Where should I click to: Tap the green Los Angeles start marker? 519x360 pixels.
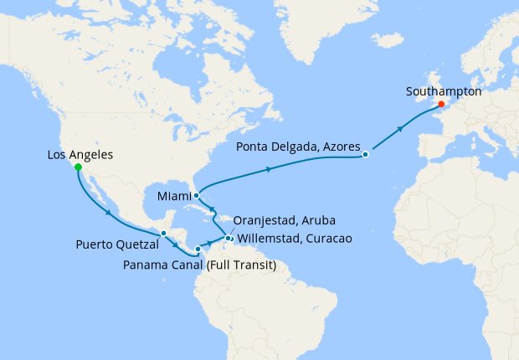pos(78,167)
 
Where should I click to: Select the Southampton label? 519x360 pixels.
pos(443,92)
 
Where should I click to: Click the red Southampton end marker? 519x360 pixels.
pos(440,105)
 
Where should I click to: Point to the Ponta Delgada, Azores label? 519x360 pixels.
pos(297,147)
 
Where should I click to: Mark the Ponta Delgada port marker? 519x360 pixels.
pos(366,155)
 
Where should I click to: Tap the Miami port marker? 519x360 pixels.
pos(196,195)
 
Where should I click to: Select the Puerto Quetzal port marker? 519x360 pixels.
pos(164,233)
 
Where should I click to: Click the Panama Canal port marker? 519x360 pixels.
pos(198,249)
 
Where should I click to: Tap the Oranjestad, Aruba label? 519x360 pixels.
pos(285,221)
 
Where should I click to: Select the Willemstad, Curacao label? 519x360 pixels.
pos(294,238)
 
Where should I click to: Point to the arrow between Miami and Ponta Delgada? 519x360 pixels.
pos(269,169)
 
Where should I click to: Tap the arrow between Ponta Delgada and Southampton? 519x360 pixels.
pos(401,129)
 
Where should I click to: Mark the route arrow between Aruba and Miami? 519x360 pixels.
pos(211,210)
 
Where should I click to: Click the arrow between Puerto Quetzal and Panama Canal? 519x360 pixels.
pos(177,243)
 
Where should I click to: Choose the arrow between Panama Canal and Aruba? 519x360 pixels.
pos(209,243)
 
